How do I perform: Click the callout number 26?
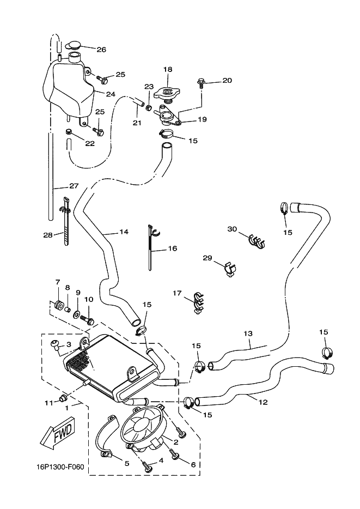click(x=101, y=50)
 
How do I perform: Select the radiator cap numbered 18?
click(x=167, y=92)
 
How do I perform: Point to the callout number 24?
click(x=111, y=94)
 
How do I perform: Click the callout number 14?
click(x=124, y=232)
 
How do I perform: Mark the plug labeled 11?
click(x=64, y=403)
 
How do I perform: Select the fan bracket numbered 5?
click(x=105, y=441)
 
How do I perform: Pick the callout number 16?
click(x=173, y=249)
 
